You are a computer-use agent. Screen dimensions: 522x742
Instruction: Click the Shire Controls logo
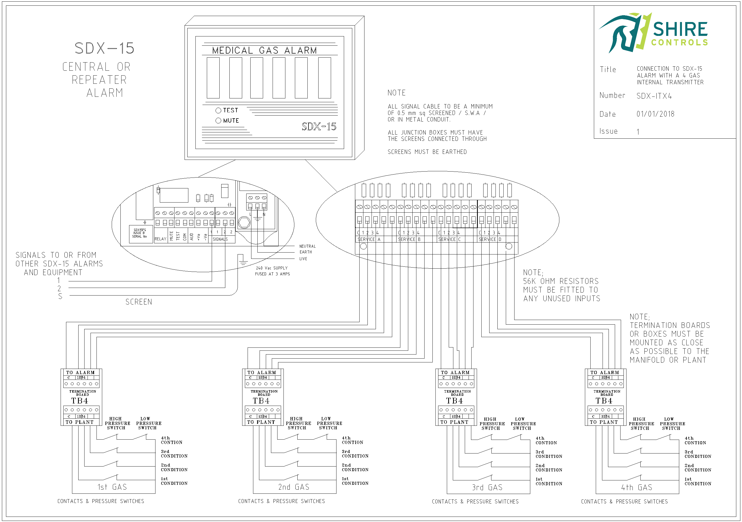pos(653,32)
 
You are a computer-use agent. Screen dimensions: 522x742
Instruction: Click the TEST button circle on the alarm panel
pos(218,111)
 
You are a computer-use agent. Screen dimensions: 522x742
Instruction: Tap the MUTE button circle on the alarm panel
pos(218,120)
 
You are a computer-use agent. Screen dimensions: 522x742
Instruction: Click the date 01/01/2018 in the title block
pos(655,114)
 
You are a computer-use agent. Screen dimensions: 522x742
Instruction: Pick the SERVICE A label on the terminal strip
pos(369,239)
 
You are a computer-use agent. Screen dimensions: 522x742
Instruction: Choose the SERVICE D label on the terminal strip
pos(490,239)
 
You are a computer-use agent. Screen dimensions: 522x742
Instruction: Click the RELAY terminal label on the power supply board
pos(160,239)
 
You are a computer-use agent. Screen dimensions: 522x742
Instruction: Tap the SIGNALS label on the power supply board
pos(220,239)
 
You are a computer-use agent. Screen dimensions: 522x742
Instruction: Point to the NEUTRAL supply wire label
pos(307,246)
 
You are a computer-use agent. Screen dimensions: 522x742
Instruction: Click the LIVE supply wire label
pos(303,259)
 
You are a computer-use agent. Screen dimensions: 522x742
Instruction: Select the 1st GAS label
pos(112,487)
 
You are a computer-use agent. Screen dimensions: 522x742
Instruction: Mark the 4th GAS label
pos(636,487)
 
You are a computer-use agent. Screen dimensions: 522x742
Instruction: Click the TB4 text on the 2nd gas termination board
pos(261,401)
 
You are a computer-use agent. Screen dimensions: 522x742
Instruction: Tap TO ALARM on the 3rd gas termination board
pos(455,372)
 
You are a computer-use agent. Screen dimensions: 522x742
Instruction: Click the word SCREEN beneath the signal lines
pos(139,302)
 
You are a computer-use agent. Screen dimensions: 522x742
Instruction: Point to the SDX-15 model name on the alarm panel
pos(319,126)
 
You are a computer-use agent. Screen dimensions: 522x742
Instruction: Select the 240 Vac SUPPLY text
pos(272,268)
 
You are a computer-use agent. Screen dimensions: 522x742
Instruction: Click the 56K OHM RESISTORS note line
pos(561,281)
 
